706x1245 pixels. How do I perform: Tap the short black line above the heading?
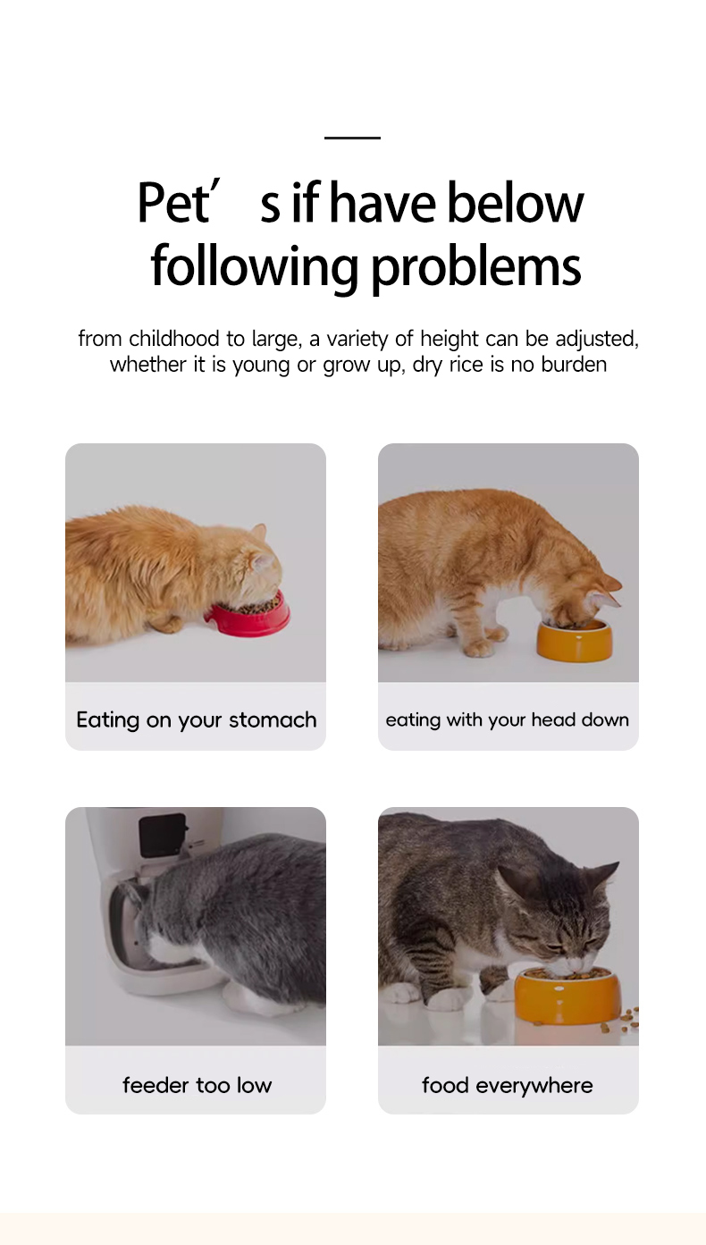pyautogui.click(x=352, y=138)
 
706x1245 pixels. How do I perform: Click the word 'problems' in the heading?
pyautogui.click(x=475, y=267)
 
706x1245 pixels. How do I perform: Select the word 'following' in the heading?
pyautogui.click(x=255, y=267)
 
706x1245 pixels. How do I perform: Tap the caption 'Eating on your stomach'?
pyautogui.click(x=197, y=719)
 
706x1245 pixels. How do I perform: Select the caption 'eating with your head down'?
pyautogui.click(x=507, y=719)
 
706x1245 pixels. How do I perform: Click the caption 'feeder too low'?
pyautogui.click(x=197, y=1085)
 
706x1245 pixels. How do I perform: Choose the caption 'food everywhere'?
pyautogui.click(x=507, y=1085)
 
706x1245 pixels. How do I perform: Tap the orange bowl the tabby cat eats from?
pyautogui.click(x=567, y=995)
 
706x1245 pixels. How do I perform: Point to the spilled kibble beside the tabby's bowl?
pyautogui.click(x=628, y=1019)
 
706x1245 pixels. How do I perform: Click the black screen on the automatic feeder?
pyautogui.click(x=163, y=836)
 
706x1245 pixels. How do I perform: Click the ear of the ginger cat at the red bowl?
pyautogui.click(x=259, y=532)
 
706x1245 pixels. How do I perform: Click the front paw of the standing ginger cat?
pyautogui.click(x=479, y=647)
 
